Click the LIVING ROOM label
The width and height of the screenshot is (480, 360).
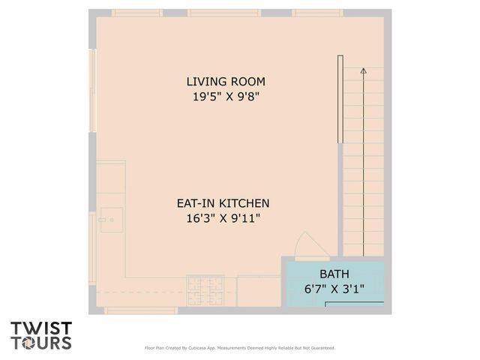[x=226, y=81]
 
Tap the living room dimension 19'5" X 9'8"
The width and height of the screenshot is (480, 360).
[x=226, y=96]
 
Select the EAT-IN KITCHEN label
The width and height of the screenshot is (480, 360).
[x=223, y=203]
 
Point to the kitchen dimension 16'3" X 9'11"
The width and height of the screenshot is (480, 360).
[x=223, y=218]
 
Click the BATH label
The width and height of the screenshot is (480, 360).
[x=334, y=274]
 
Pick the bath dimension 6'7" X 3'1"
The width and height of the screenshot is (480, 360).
[x=334, y=289]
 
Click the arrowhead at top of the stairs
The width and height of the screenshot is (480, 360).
[x=364, y=70]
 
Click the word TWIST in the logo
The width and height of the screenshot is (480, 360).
[x=41, y=328]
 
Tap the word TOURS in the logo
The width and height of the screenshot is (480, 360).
[x=41, y=343]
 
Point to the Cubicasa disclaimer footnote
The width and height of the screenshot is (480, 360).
[x=239, y=348]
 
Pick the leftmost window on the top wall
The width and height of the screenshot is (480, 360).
[x=136, y=13]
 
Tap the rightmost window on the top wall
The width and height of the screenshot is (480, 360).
[x=317, y=13]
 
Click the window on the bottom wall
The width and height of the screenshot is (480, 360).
[x=141, y=310]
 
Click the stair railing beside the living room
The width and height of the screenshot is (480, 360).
[x=340, y=102]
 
